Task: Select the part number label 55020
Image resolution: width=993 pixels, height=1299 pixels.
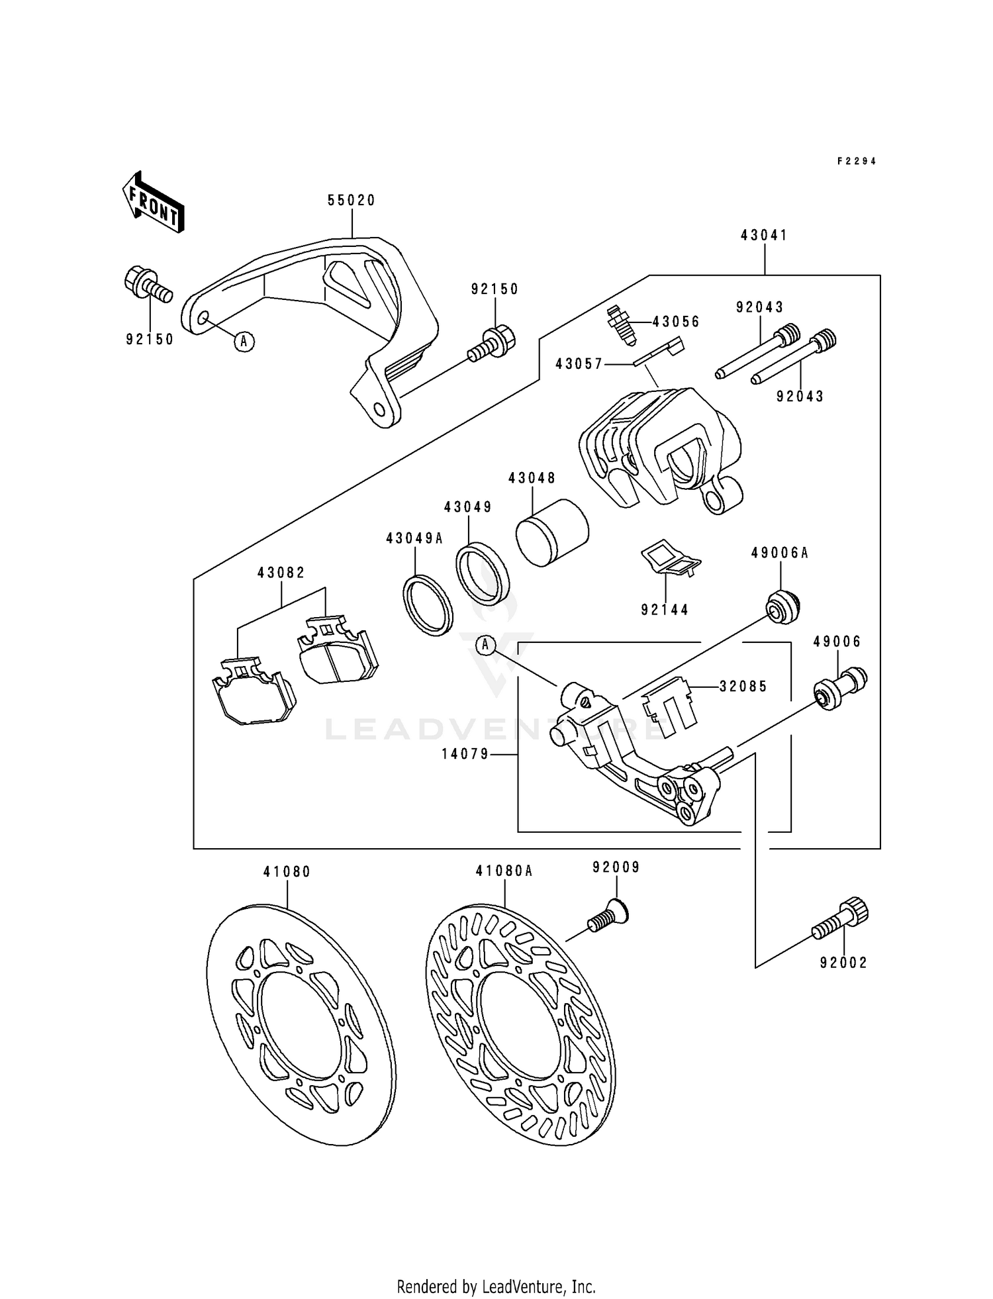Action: [352, 201]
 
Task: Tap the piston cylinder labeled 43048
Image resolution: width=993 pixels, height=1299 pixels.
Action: [551, 532]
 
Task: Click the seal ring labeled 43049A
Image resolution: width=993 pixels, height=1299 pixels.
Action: [428, 606]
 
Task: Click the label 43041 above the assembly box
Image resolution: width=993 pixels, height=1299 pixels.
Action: [764, 236]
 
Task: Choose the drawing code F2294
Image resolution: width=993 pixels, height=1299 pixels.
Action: [857, 161]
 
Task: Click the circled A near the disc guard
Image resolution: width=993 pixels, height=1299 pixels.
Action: [244, 342]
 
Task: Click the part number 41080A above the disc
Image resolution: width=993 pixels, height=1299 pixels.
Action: [504, 872]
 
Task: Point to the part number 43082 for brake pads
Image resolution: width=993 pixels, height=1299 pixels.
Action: [281, 573]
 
